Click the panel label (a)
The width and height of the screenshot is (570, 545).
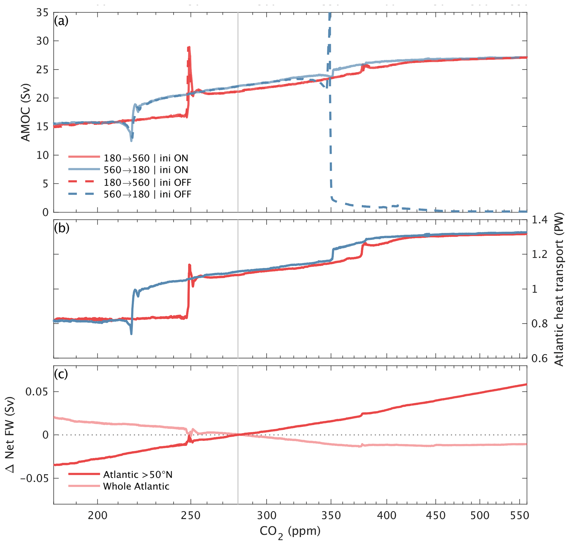(x=61, y=21)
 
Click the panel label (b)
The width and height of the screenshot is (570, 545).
(x=61, y=228)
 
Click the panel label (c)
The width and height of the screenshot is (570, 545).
(x=61, y=374)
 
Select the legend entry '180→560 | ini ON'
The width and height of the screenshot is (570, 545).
(x=146, y=158)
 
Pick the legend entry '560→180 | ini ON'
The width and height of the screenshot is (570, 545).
(x=146, y=170)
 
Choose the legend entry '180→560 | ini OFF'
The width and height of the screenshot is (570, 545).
(x=147, y=182)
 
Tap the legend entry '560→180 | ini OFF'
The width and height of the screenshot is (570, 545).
(x=147, y=194)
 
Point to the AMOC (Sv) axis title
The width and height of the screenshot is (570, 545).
(x=26, y=112)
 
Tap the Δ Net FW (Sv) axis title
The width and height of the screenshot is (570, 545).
(x=10, y=435)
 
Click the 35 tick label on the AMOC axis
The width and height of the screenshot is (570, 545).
(x=42, y=12)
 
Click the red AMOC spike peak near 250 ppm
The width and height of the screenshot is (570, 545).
(x=189, y=47)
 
